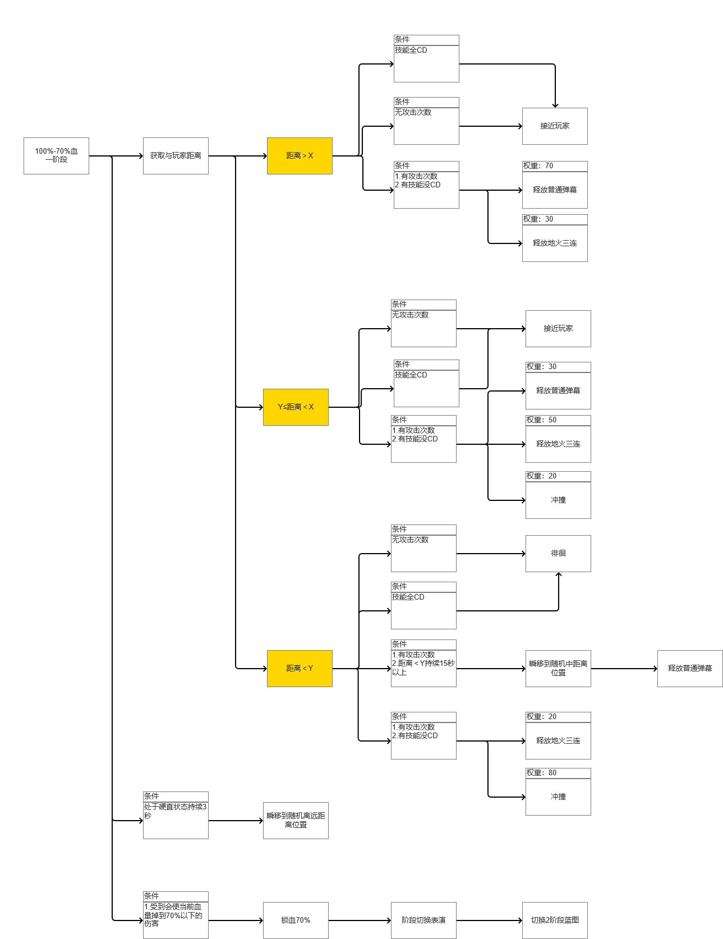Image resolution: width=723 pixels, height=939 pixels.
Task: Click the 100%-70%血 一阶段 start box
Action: (56, 156)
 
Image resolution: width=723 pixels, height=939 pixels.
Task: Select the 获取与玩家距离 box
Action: (176, 156)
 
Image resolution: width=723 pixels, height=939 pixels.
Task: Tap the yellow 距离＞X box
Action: (300, 156)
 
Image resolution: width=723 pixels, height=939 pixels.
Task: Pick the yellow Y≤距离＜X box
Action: (296, 407)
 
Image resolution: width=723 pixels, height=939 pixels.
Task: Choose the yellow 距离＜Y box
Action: (300, 669)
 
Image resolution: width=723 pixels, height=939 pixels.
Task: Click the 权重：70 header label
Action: (538, 166)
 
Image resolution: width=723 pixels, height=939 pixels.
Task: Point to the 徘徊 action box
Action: (558, 554)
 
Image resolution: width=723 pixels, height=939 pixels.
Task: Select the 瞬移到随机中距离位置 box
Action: (558, 669)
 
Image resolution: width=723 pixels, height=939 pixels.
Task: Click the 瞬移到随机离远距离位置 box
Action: (296, 821)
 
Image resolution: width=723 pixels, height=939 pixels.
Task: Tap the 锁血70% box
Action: (296, 920)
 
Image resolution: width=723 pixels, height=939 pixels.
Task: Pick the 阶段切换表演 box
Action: (423, 920)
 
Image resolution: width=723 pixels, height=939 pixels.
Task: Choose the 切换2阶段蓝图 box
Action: (555, 920)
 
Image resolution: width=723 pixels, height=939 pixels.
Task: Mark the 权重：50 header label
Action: (542, 420)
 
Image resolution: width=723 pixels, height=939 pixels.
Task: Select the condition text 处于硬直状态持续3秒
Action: (175, 811)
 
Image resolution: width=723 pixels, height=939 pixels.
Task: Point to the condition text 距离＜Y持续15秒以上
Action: (423, 668)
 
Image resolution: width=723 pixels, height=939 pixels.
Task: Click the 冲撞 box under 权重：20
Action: (558, 500)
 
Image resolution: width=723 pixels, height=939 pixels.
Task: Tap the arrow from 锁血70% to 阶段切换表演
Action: (360, 920)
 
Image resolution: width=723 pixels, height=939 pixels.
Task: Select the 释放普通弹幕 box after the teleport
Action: (690, 669)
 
